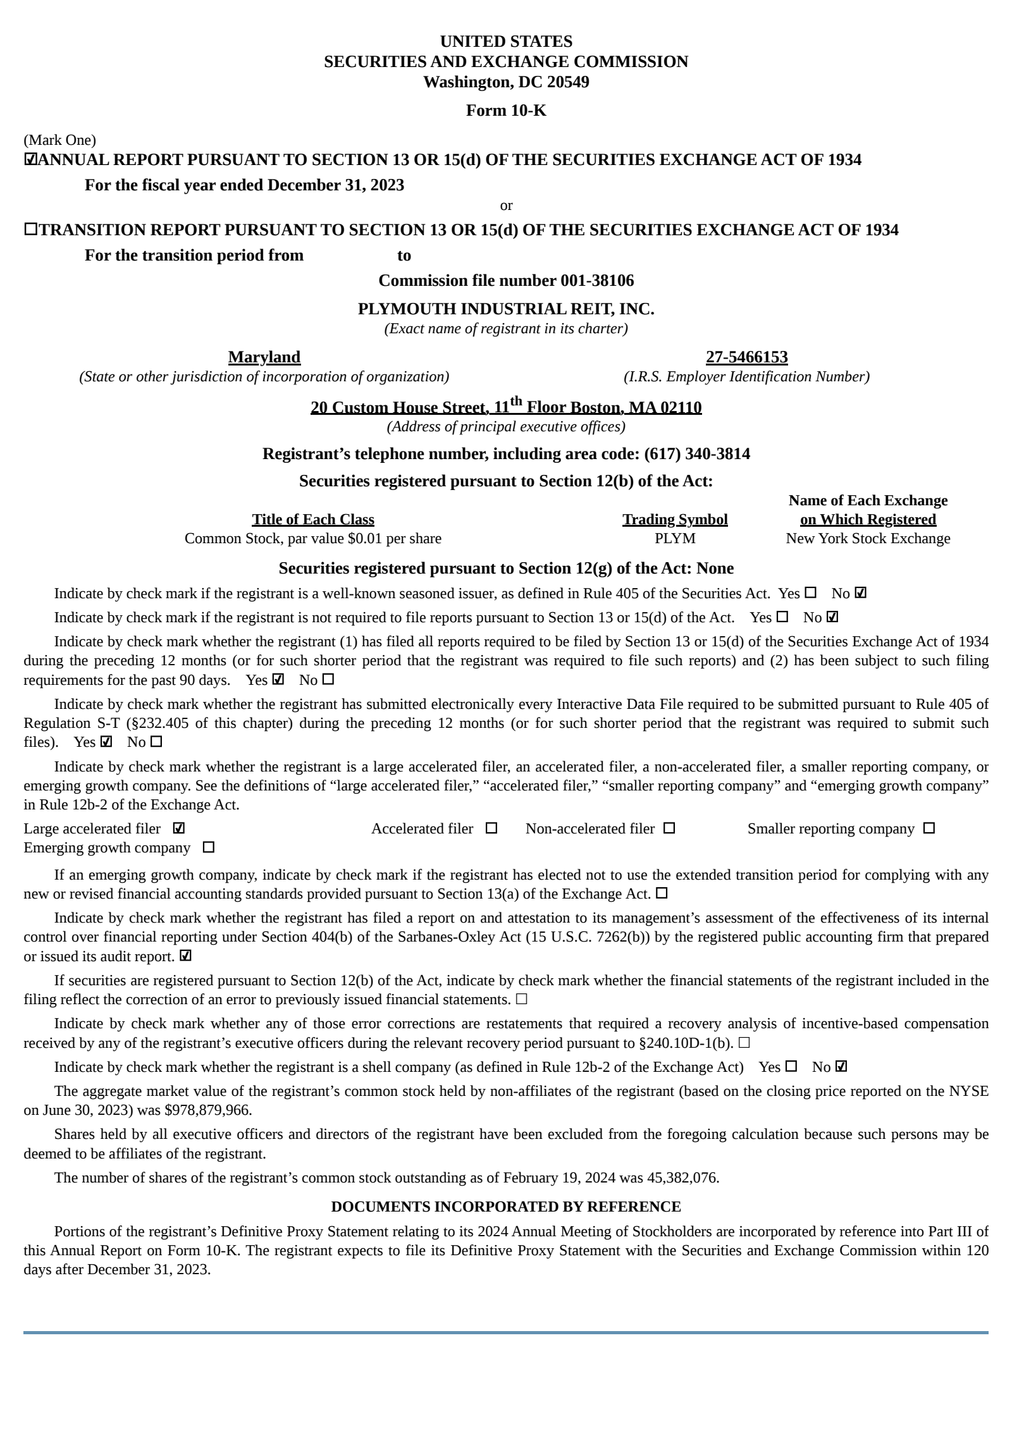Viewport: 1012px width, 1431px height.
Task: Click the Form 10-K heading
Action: (x=505, y=111)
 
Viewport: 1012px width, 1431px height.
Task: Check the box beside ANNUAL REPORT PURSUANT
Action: (x=30, y=160)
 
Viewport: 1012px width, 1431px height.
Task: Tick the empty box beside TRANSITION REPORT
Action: (x=30, y=230)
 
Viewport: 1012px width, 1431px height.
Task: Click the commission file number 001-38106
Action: (x=597, y=281)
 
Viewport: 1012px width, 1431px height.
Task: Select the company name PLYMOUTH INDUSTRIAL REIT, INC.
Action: (x=505, y=309)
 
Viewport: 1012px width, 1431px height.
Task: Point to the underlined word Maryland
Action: (x=264, y=357)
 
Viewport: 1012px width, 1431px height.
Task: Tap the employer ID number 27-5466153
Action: (x=746, y=357)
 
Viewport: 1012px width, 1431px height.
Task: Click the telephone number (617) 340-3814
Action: (x=697, y=454)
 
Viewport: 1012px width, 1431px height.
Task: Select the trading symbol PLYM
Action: (x=675, y=539)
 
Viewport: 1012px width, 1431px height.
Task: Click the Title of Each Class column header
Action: (x=313, y=520)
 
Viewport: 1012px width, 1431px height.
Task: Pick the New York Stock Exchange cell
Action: (x=868, y=539)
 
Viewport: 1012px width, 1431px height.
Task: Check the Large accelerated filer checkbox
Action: (x=178, y=828)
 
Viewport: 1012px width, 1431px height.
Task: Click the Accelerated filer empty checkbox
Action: (x=491, y=828)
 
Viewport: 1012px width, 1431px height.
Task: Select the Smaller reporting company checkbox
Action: (x=929, y=828)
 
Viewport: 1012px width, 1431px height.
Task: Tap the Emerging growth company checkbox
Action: (x=208, y=847)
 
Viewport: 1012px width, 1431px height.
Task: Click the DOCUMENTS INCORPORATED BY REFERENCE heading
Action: (x=505, y=1207)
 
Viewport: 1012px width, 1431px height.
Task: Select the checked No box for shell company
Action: (x=841, y=1067)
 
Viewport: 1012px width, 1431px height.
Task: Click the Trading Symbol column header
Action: (x=675, y=520)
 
